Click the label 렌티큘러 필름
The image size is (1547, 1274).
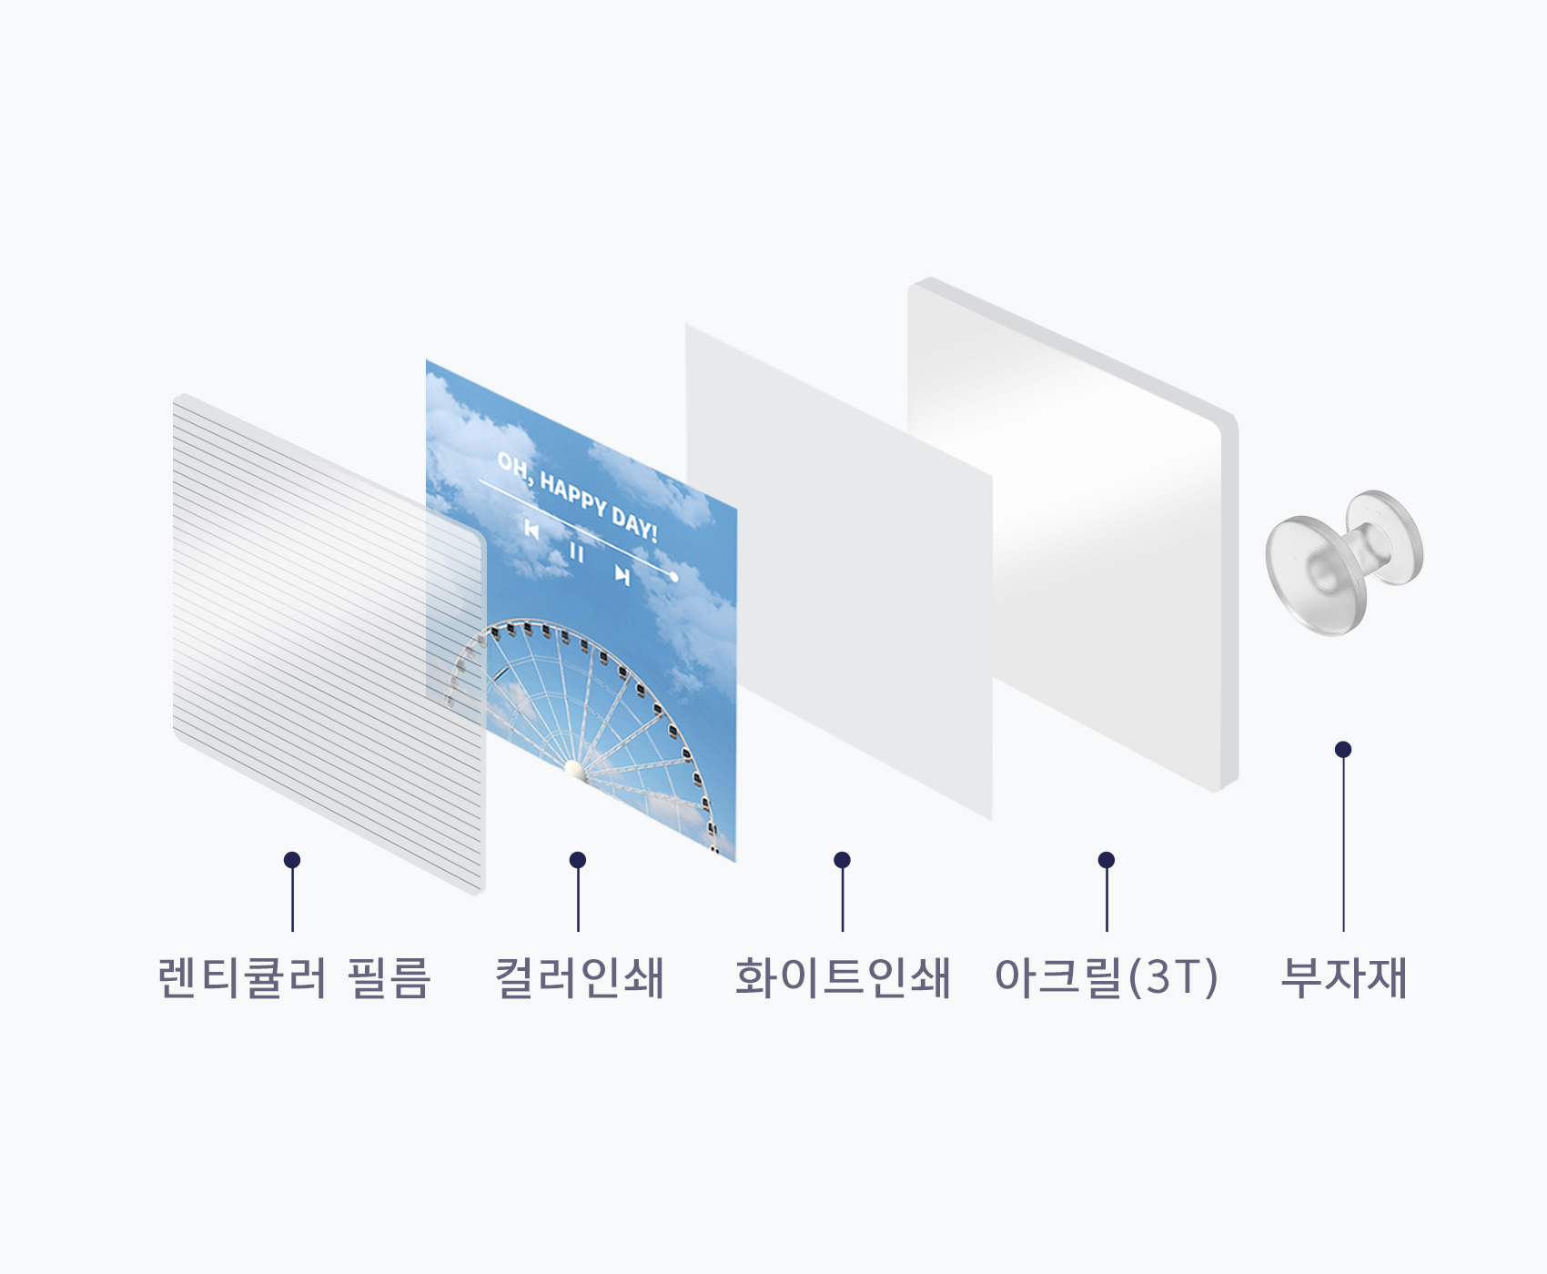(x=293, y=977)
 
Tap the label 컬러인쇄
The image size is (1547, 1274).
(x=579, y=977)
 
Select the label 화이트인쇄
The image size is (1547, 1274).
(x=843, y=977)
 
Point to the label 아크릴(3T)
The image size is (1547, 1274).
(x=1107, y=977)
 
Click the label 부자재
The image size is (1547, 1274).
(x=1344, y=977)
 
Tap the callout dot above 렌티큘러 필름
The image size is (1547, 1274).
(x=292, y=860)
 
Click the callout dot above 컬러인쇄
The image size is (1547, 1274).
(x=578, y=860)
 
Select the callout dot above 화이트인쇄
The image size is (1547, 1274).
(x=842, y=860)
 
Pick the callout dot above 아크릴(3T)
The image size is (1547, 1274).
(x=1107, y=860)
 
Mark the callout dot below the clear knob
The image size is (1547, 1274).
(x=1343, y=749)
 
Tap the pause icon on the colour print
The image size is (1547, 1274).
(x=576, y=551)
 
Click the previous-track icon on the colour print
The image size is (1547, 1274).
(x=532, y=530)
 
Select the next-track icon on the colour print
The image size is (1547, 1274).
(x=622, y=574)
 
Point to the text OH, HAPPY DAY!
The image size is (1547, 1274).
(x=577, y=497)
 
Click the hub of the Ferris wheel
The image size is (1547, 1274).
(x=574, y=770)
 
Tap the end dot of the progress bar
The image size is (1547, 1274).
(x=674, y=577)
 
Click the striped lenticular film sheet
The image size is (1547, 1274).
(x=329, y=644)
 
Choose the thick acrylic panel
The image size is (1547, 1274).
(x=1074, y=534)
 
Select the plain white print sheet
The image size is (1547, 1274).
(x=838, y=571)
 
